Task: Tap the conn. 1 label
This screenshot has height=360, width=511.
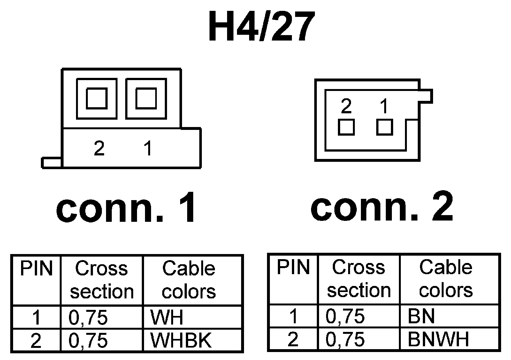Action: point(126,207)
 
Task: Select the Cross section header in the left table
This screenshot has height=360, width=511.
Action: point(102,280)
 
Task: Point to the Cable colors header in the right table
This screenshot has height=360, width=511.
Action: point(446,279)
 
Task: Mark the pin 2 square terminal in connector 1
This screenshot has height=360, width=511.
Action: point(96,99)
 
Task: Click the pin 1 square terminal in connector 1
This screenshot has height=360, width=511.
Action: point(146,99)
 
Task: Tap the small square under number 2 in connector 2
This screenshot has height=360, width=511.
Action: point(346,127)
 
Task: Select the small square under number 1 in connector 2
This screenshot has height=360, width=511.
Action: point(385,127)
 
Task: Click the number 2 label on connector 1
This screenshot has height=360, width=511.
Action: point(99,148)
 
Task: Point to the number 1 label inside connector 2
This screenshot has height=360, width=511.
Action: point(384,106)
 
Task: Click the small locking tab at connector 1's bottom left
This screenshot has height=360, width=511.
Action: point(51,162)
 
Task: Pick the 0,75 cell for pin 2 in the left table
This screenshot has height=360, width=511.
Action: point(88,341)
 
